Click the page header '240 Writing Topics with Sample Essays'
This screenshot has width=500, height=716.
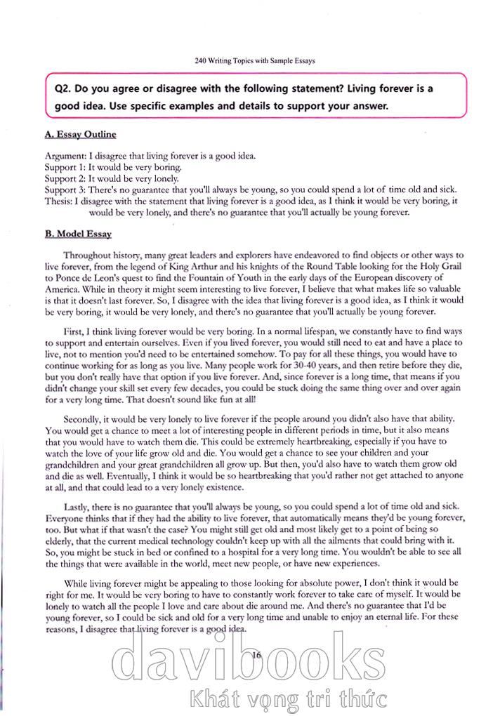tap(255, 60)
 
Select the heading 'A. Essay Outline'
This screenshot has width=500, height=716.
tap(80, 134)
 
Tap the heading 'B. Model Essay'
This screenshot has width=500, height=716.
tap(78, 234)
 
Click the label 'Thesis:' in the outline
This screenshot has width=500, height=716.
tap(59, 200)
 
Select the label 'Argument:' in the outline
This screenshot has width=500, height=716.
tap(66, 156)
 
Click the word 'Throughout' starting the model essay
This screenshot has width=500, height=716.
tap(88, 256)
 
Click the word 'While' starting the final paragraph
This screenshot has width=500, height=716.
tap(77, 583)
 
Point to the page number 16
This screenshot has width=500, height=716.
tap(256, 654)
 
